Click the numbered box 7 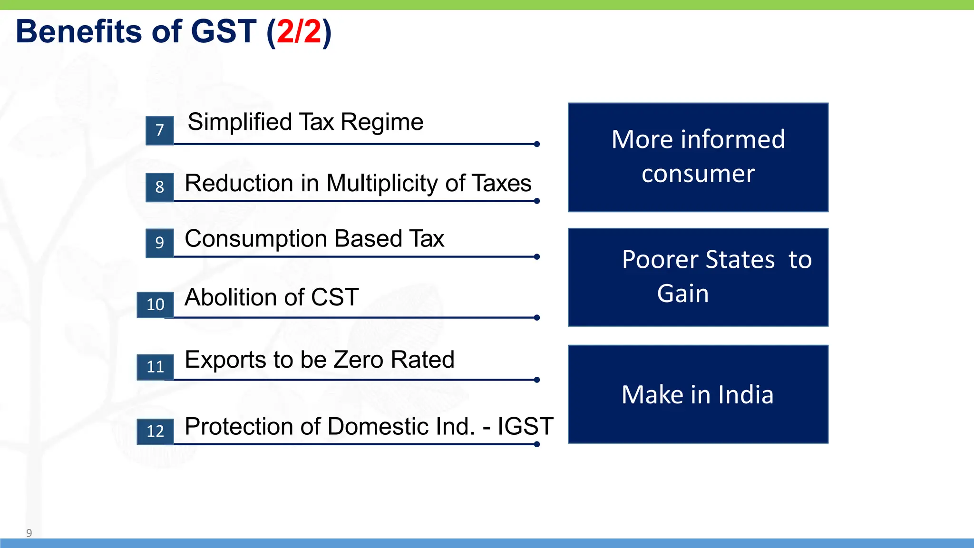160,130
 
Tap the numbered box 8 160,187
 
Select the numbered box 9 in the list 160,243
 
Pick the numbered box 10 155,304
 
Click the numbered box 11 155,367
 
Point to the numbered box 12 155,431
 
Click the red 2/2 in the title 299,32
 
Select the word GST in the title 224,32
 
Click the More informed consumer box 698,157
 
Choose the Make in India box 698,394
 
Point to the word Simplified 240,122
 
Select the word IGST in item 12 525,426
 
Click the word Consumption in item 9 256,239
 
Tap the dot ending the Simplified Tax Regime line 537,144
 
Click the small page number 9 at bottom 29,533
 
